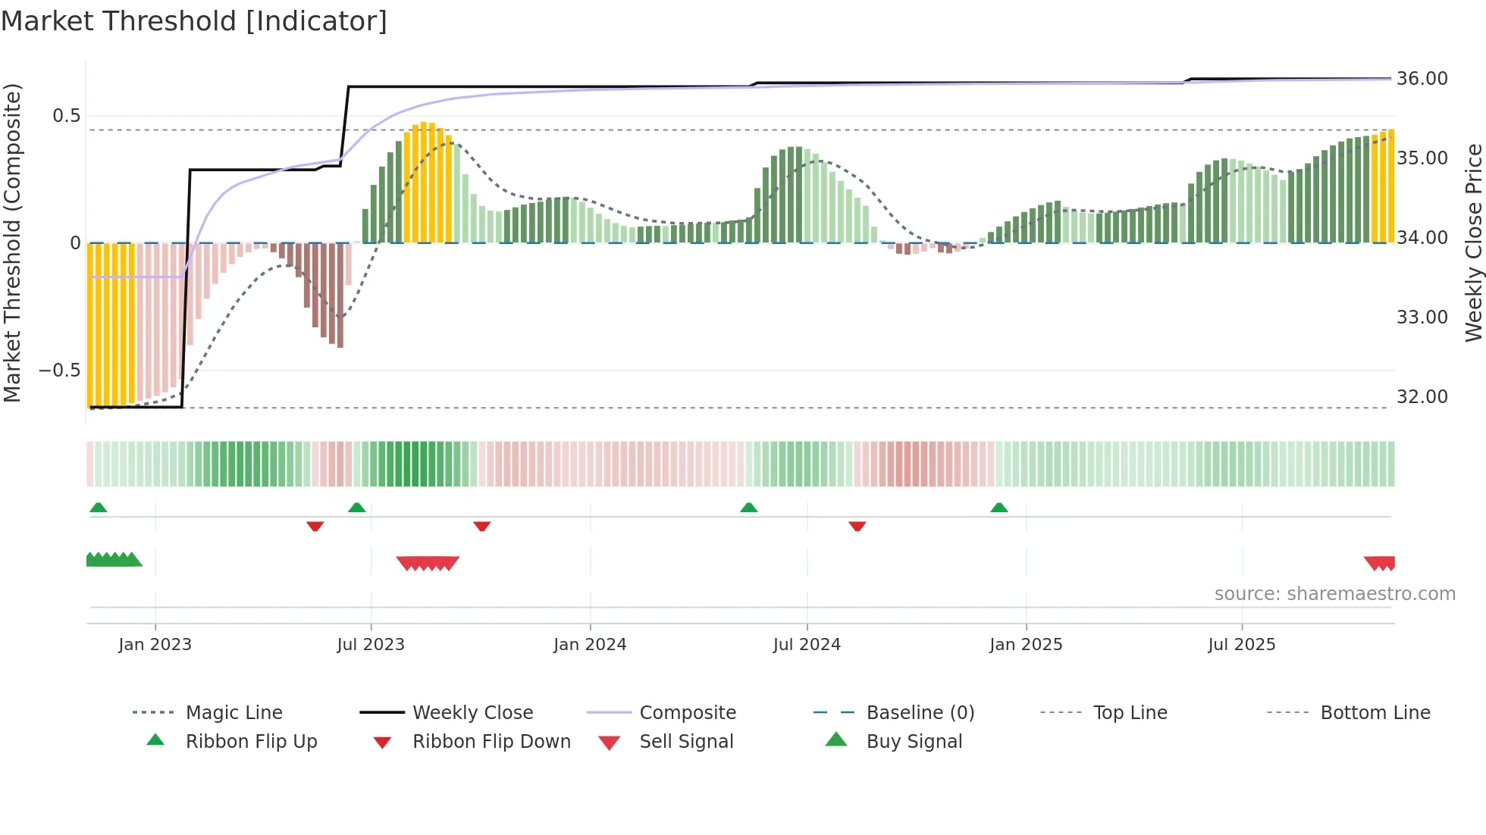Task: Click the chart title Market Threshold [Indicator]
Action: [194, 21]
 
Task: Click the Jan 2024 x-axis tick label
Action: [590, 645]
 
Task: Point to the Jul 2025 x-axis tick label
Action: [1242, 645]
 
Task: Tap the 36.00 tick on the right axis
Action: [1422, 79]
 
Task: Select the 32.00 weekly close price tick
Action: [1422, 397]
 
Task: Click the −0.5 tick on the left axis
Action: [60, 371]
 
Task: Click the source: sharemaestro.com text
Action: [1334, 594]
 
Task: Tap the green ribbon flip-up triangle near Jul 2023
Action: [357, 508]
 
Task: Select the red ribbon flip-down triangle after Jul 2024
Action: [857, 526]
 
